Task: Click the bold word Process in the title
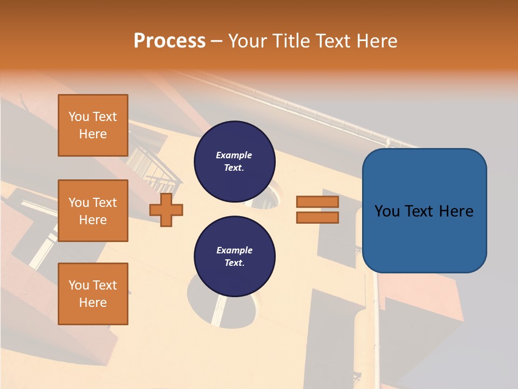point(169,41)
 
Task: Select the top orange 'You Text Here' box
point(93,125)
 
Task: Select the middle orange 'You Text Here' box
point(93,211)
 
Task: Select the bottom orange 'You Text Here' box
point(93,293)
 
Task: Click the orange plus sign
point(166,210)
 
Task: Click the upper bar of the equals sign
point(317,202)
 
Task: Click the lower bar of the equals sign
point(317,218)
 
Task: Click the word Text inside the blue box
point(421,211)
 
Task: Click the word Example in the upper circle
point(234,155)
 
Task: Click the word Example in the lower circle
point(234,250)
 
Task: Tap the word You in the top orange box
point(79,117)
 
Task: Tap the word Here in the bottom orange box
point(93,303)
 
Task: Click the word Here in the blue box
point(456,211)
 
